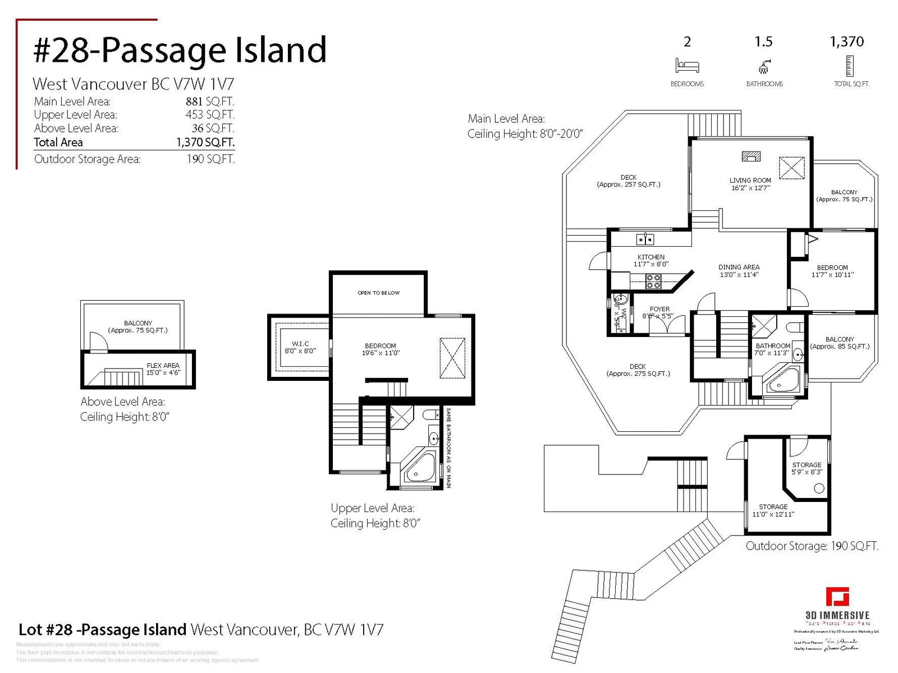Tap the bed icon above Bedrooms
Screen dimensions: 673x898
pyautogui.click(x=687, y=66)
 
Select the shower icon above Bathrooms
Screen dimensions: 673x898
pyautogui.click(x=764, y=67)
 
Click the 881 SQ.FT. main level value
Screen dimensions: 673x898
pyautogui.click(x=210, y=102)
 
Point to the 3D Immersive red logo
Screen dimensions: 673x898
pyautogui.click(x=837, y=597)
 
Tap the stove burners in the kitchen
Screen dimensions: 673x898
pyautogui.click(x=653, y=282)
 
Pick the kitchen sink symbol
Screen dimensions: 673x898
pyautogui.click(x=645, y=239)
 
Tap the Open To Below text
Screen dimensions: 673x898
pyautogui.click(x=379, y=293)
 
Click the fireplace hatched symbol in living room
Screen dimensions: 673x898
pyautogui.click(x=751, y=156)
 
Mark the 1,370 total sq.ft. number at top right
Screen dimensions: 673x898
pyautogui.click(x=847, y=42)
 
